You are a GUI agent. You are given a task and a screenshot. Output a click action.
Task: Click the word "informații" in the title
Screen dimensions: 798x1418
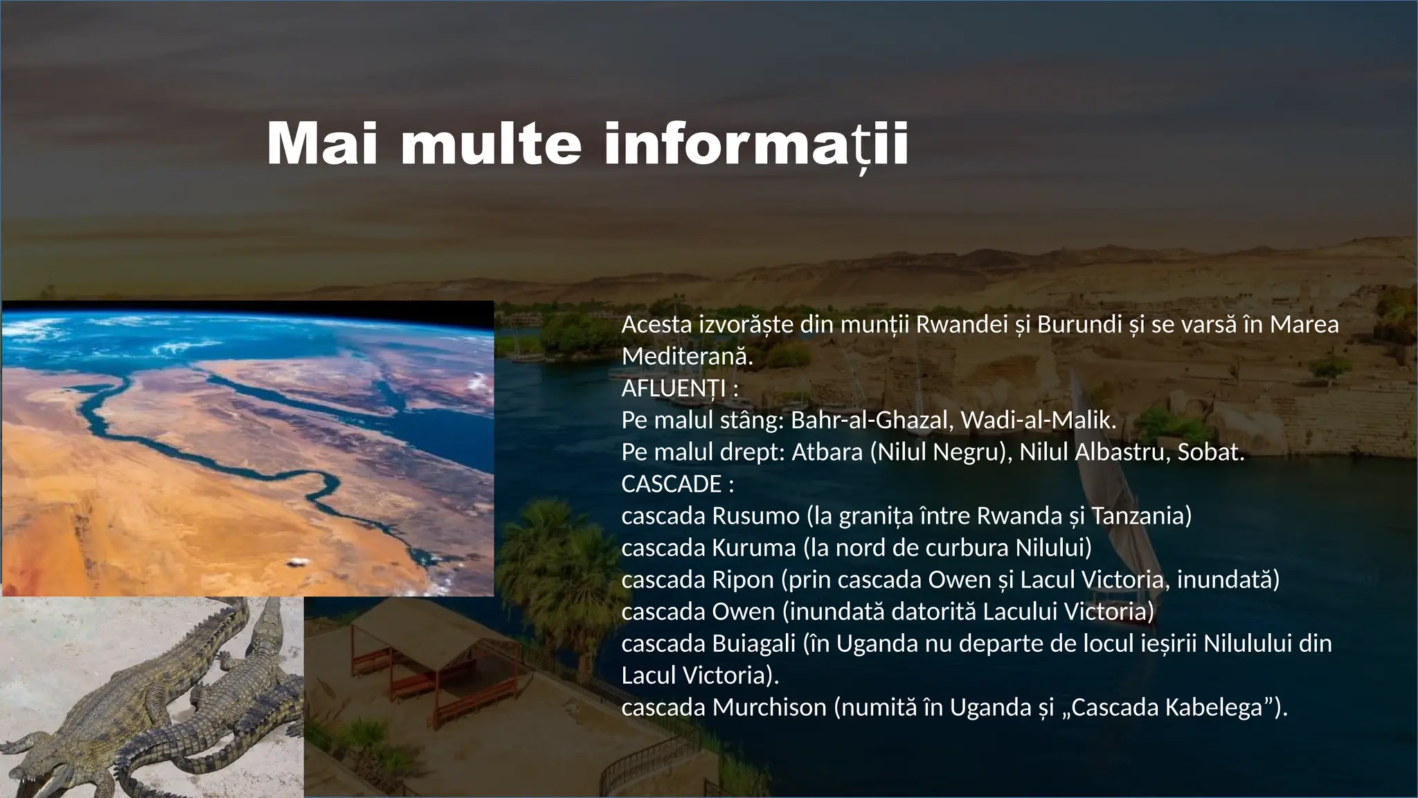point(756,144)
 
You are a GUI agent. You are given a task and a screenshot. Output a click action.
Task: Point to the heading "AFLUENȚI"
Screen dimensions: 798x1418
point(674,388)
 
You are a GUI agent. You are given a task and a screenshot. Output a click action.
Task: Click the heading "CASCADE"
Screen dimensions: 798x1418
point(672,484)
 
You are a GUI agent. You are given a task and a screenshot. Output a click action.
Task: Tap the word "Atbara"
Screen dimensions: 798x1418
point(827,452)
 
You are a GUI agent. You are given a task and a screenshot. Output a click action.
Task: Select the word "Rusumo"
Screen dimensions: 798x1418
point(755,515)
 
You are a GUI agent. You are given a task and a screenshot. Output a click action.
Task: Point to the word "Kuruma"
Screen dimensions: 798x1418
point(754,547)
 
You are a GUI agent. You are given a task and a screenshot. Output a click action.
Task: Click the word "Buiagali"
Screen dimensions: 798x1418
point(754,643)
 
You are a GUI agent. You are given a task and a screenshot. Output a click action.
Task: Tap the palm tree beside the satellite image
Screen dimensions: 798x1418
point(547,547)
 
